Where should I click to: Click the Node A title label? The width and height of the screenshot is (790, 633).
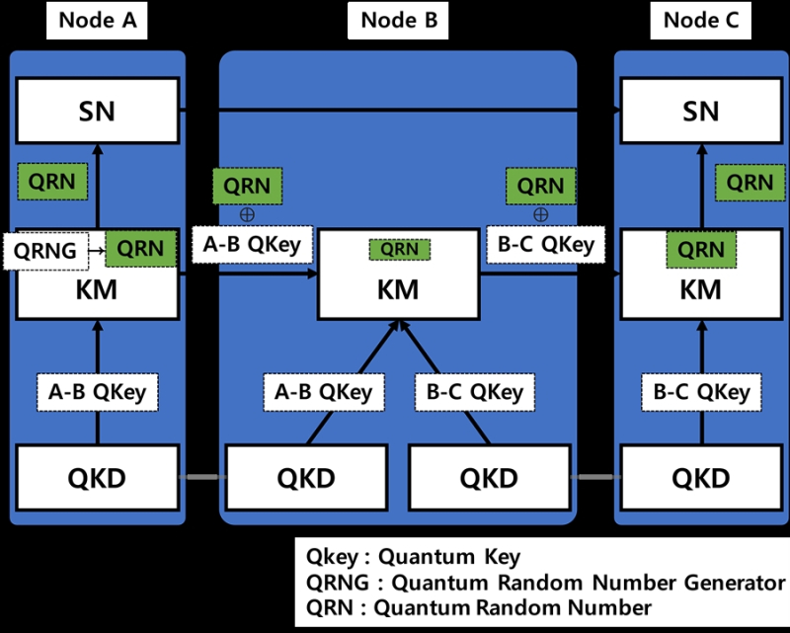pyautogui.click(x=98, y=20)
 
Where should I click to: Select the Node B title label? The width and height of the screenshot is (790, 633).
pyautogui.click(x=398, y=20)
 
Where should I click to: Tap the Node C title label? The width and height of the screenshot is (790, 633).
pyautogui.click(x=702, y=20)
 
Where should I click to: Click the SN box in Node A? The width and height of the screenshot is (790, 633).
pyautogui.click(x=97, y=111)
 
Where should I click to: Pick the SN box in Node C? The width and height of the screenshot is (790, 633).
pyautogui.click(x=701, y=111)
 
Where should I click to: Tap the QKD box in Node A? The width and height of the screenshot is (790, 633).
pyautogui.click(x=97, y=478)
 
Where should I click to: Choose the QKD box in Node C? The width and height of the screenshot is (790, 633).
pyautogui.click(x=701, y=478)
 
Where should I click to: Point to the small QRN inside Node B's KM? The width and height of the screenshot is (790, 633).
pyautogui.click(x=399, y=249)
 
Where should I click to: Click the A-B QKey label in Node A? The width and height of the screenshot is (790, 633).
pyautogui.click(x=97, y=392)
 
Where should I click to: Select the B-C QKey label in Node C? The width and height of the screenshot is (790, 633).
pyautogui.click(x=701, y=392)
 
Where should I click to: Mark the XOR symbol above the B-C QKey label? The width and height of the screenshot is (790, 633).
pyautogui.click(x=540, y=214)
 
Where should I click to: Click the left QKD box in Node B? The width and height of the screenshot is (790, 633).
pyautogui.click(x=306, y=478)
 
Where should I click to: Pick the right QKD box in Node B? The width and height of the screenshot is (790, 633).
pyautogui.click(x=489, y=478)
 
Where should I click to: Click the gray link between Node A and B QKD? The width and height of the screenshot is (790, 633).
pyautogui.click(x=201, y=478)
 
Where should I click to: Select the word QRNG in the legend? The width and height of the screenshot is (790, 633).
pyautogui.click(x=333, y=582)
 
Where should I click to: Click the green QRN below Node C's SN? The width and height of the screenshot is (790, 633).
pyautogui.click(x=750, y=182)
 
